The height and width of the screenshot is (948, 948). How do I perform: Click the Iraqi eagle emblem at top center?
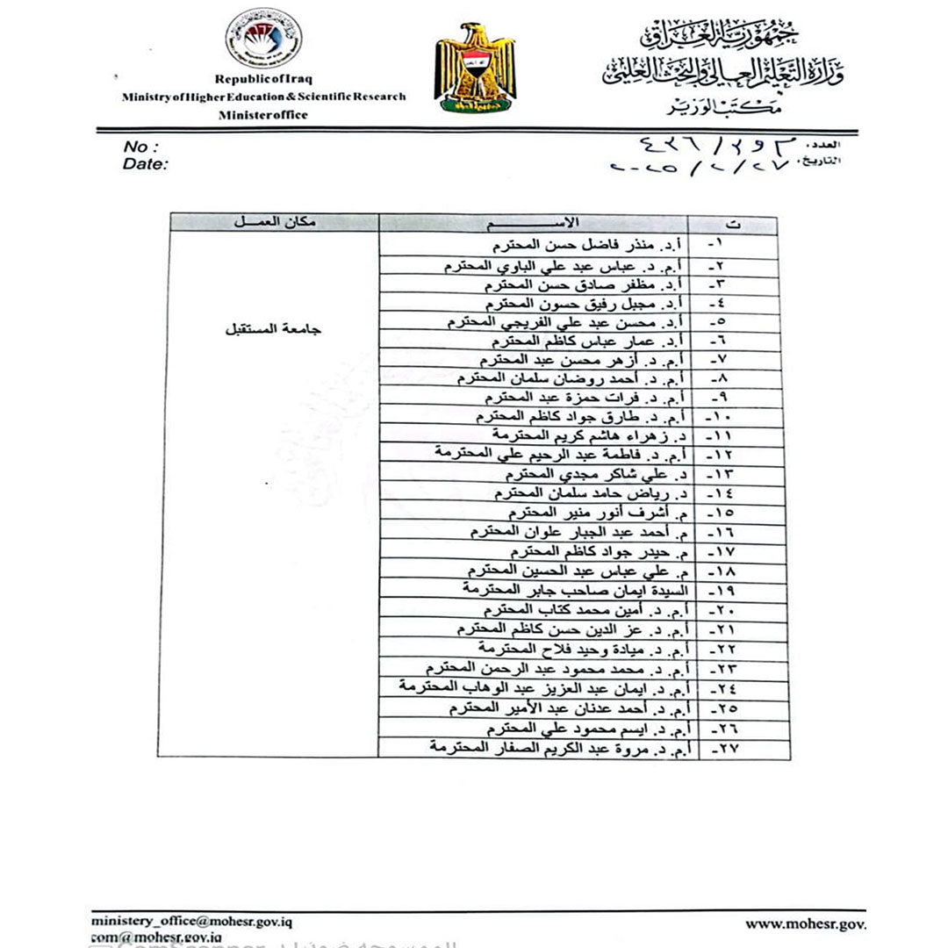(x=475, y=68)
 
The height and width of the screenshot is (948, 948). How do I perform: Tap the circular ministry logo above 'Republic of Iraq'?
(x=263, y=39)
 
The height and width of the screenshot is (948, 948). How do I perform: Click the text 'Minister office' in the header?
(x=263, y=114)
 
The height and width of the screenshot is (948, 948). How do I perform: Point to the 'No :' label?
(x=141, y=147)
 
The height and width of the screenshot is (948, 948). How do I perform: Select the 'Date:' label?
(x=146, y=163)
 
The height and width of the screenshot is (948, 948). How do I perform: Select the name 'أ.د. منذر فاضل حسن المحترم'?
(x=584, y=244)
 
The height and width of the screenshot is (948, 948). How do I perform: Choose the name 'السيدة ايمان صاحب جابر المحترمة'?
(x=571, y=590)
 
